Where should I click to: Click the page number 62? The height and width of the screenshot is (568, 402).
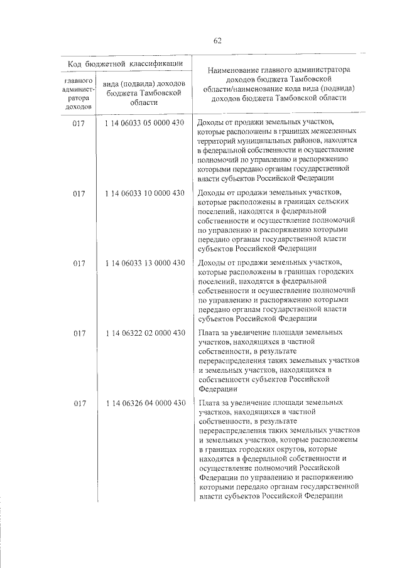coord(217,41)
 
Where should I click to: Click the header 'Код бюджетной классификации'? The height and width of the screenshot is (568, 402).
coord(126,63)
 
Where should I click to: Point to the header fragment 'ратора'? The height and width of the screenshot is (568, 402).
coord(78,99)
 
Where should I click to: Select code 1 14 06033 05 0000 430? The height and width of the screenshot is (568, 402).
coord(144,122)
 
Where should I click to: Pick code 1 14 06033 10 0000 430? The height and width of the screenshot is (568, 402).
coord(144,193)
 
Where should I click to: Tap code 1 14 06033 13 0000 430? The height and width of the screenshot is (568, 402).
coord(144,262)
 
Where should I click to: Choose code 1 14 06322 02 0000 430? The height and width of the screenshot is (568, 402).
coord(144,333)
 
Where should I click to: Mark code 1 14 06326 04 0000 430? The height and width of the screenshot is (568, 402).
coord(144,403)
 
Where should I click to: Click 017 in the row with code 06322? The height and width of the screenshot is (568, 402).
coord(79,333)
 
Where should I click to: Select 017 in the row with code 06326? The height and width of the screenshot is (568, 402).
coord(79,404)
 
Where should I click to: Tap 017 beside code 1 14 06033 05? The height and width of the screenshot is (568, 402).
coord(79,123)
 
